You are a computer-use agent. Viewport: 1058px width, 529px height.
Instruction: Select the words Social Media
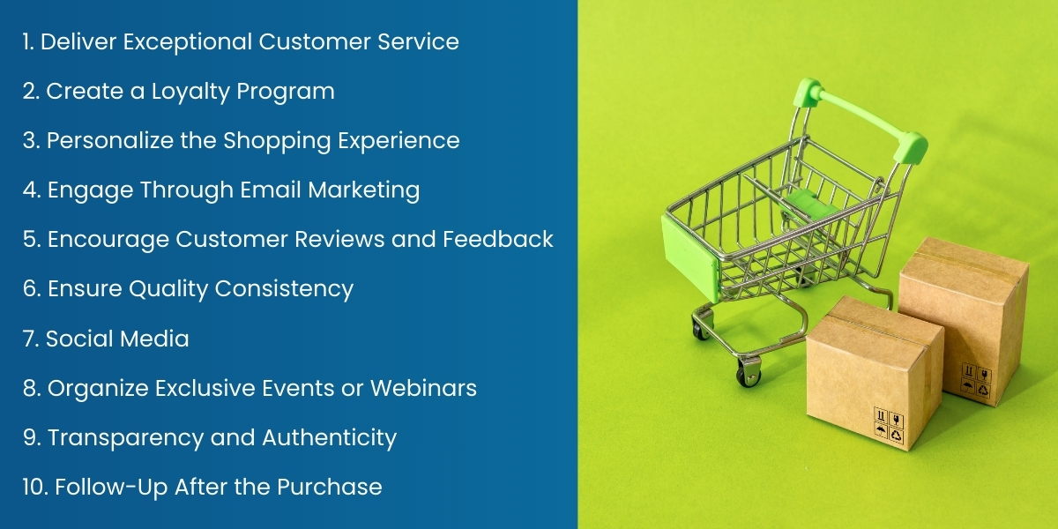pyautogui.click(x=117, y=339)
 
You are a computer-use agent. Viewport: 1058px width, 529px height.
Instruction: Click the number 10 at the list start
pyautogui.click(x=34, y=487)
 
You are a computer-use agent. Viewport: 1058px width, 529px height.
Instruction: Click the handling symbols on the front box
pyautogui.click(x=886, y=422)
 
